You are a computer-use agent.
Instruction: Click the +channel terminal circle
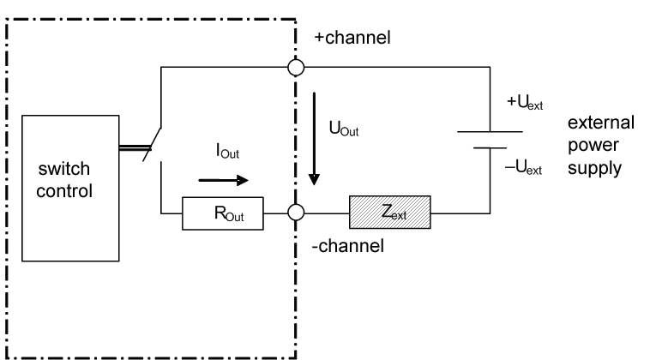(x=296, y=65)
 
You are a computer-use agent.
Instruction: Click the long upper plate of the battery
(x=490, y=132)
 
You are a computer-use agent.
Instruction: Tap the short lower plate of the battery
(x=490, y=147)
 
